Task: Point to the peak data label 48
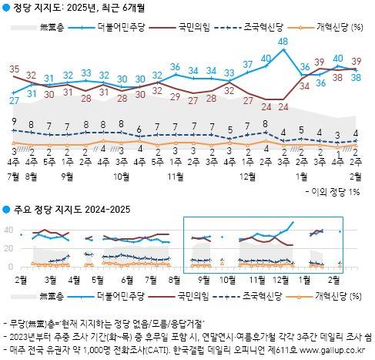click(x=283, y=41)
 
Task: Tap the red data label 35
click(x=14, y=69)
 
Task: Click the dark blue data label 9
click(x=14, y=121)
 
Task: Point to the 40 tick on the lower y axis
click(x=8, y=230)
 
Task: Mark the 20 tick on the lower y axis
click(x=8, y=248)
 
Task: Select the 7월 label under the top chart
click(x=14, y=176)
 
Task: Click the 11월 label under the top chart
click(x=174, y=176)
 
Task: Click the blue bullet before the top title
click(x=6, y=8)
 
